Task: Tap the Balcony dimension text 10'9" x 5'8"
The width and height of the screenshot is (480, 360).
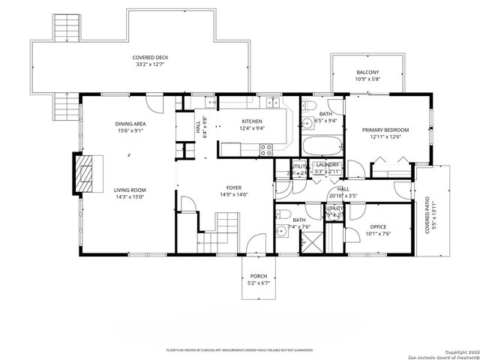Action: click(367, 79)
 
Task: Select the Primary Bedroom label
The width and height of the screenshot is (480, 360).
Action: click(385, 130)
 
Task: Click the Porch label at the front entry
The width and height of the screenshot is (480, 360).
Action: click(258, 276)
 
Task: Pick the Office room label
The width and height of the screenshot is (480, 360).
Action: click(377, 226)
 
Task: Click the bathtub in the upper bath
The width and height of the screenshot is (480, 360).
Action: click(322, 145)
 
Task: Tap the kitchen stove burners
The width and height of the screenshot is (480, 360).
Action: click(264, 149)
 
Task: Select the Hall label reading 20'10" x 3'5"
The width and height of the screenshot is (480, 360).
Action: click(343, 193)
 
